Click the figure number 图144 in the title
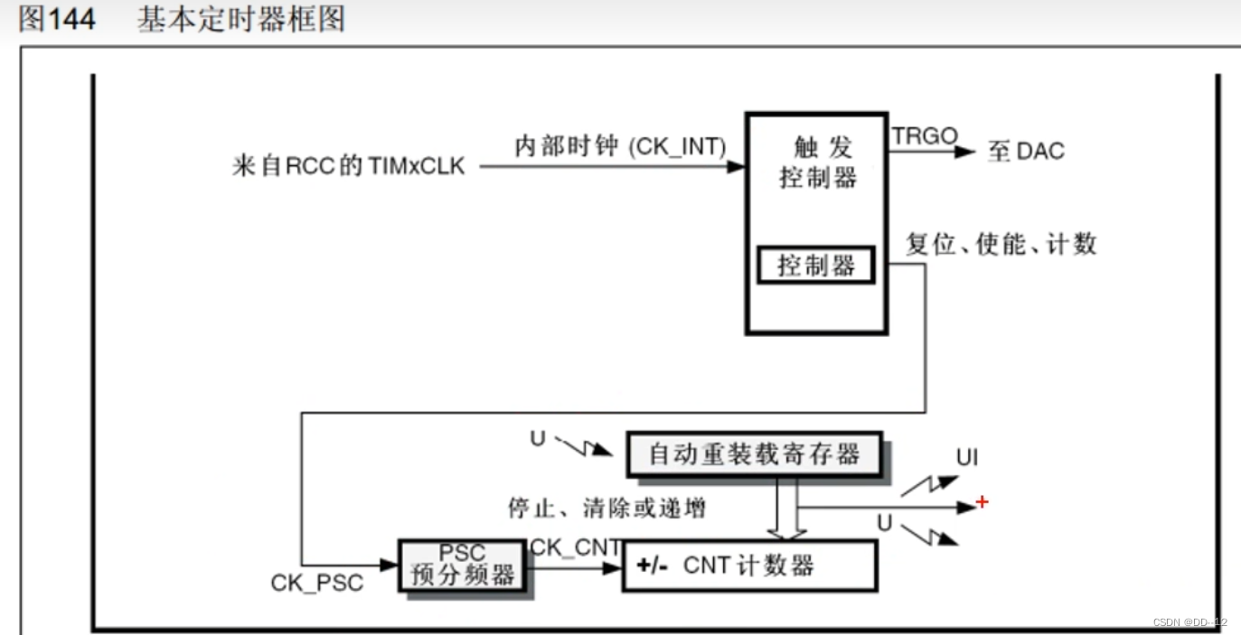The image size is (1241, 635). coord(57,19)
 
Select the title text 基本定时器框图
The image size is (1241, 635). coord(241,19)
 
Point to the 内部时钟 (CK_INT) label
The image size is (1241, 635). coord(620,146)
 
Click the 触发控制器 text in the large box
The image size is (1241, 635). coord(817,162)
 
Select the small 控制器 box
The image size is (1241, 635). coord(816,266)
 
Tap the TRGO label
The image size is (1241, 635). coord(925,136)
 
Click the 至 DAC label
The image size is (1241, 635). coord(1026,151)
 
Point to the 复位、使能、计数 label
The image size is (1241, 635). coord(1001,244)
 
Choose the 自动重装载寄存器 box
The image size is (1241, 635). coord(754,453)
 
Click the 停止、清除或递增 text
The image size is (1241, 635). coord(606,508)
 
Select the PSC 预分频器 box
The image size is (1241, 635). coord(463,565)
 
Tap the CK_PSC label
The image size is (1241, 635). coord(316,583)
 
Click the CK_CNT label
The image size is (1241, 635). coord(576,546)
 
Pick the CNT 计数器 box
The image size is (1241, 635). coord(749,566)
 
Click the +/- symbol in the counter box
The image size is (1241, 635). coord(652,566)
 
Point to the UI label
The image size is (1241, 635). coord(967,457)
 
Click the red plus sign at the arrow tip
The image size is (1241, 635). coord(982,502)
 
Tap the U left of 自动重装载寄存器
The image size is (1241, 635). coord(538,440)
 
